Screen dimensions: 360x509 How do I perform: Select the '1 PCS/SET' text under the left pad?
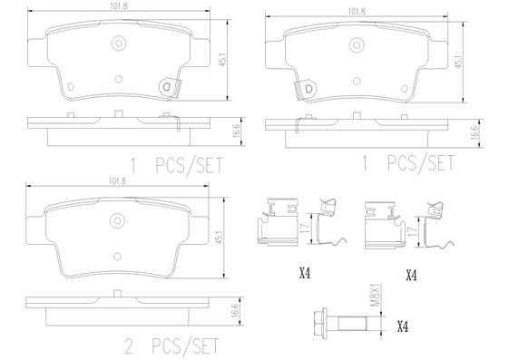click(177, 165)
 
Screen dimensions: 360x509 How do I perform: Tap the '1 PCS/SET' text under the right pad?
click(407, 164)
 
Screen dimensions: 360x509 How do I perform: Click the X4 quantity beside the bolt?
click(403, 326)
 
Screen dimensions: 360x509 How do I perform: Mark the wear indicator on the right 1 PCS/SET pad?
click(309, 89)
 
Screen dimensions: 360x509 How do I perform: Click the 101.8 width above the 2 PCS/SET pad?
click(117, 181)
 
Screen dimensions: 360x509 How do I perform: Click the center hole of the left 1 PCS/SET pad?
click(117, 43)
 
